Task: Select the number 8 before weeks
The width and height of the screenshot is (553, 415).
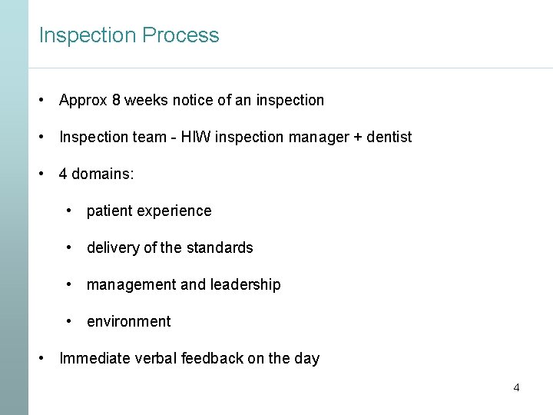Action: [x=116, y=100]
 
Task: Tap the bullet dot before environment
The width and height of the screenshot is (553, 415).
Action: [x=69, y=321]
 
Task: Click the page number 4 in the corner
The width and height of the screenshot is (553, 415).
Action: [x=516, y=387]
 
